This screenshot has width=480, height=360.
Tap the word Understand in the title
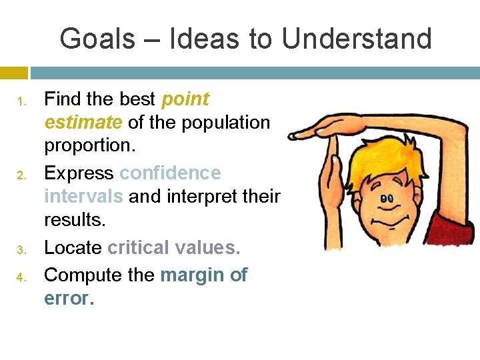[357, 39]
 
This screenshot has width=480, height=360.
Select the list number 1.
[21, 102]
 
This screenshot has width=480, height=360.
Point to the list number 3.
[21, 250]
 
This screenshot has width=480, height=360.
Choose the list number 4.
[21, 275]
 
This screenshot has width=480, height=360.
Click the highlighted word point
[185, 100]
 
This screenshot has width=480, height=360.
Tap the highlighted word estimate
[83, 123]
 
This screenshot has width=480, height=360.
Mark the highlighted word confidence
[170, 173]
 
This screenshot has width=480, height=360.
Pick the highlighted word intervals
[83, 197]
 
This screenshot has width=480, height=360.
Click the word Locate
[73, 247]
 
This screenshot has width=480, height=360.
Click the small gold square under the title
[14, 72]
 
